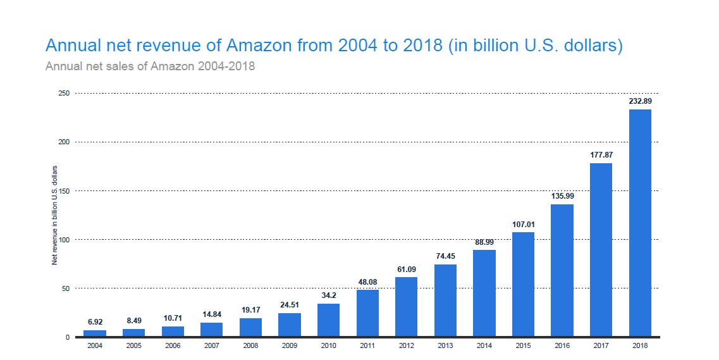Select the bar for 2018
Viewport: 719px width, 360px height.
point(640,223)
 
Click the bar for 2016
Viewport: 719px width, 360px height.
point(562,270)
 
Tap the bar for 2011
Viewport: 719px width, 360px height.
point(367,313)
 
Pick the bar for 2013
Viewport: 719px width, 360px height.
point(445,301)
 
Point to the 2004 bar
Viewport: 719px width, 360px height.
point(95,333)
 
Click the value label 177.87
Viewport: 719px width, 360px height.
point(601,155)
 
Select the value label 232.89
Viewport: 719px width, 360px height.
point(640,101)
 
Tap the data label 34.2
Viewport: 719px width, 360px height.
point(328,295)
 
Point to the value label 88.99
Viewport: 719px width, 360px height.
point(484,242)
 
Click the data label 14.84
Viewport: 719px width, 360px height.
point(211,314)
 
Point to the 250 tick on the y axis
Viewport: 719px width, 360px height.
point(64,94)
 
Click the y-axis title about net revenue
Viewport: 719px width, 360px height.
point(55,215)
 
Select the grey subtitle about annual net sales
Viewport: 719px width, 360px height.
point(150,66)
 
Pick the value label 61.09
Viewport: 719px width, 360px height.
point(406,269)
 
